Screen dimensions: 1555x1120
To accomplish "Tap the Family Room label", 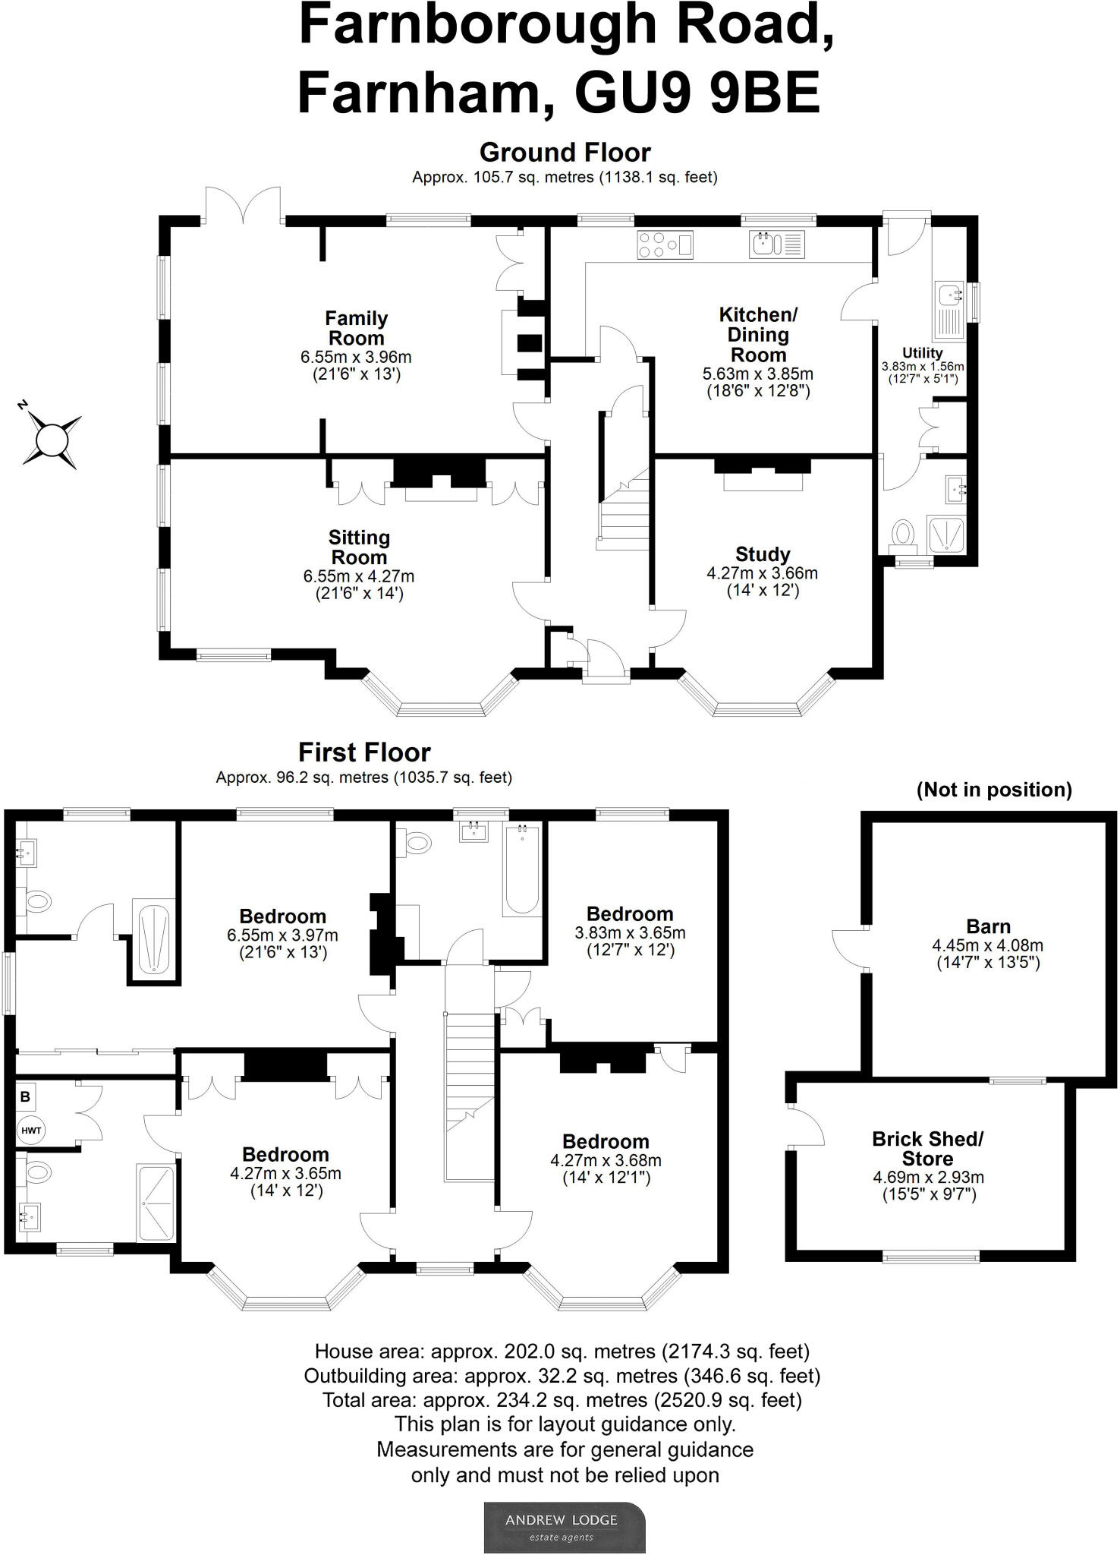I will pos(356,328).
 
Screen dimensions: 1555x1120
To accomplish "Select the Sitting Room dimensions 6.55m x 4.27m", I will pos(359,576).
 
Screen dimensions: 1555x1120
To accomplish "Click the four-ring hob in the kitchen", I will pos(665,244).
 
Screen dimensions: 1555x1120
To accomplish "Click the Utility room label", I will pos(922,353).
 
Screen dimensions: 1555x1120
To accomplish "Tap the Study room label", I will pos(762,554).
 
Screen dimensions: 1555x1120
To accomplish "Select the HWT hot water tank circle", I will pos(31,1131).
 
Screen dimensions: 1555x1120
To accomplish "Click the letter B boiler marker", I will pos(26,1097).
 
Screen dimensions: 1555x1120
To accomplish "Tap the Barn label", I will pos(988,926).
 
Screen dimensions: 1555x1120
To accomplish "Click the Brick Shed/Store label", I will pos(927,1149).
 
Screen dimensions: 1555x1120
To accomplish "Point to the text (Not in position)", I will pos(994,790).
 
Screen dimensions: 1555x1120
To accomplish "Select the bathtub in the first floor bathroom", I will pos(522,869).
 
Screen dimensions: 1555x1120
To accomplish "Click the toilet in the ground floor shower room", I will pos(903,532).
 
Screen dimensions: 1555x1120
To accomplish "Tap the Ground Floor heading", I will pos(565,153).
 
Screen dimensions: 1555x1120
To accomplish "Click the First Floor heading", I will pos(364,752).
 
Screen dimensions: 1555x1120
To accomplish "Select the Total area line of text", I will pos(562,1399).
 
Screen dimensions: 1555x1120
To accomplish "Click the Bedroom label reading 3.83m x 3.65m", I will pos(630,914).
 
